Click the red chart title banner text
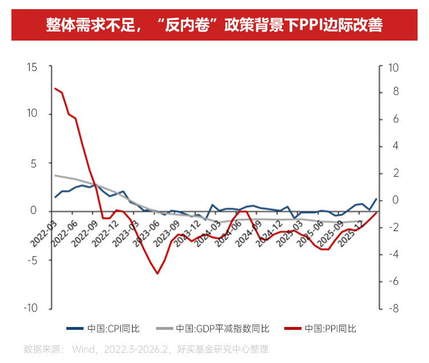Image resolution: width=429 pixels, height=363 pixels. [x=214, y=25]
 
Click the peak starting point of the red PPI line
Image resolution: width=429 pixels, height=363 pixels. [x=55, y=88]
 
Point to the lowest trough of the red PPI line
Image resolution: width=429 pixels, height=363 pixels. [x=157, y=273]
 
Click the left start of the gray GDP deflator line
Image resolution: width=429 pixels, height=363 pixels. [x=55, y=175]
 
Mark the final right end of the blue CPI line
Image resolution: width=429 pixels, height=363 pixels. [x=376, y=199]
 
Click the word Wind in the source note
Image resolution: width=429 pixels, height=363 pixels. [x=81, y=349]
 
